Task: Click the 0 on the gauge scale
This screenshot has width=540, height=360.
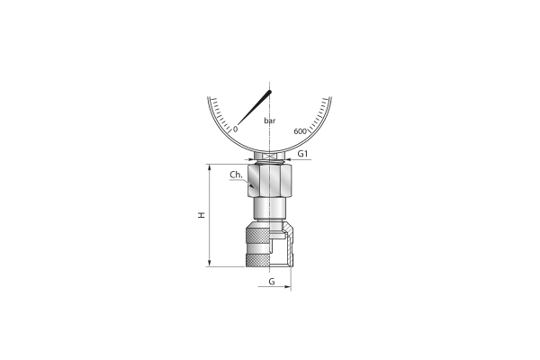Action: tap(236, 130)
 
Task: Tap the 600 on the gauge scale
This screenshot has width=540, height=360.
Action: tap(300, 131)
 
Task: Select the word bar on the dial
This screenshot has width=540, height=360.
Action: tap(270, 121)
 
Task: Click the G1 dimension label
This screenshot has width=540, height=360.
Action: tap(302, 154)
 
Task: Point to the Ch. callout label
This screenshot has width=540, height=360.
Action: tap(236, 175)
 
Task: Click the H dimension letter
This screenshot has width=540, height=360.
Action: tap(202, 215)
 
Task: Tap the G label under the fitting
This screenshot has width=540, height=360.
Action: tap(272, 282)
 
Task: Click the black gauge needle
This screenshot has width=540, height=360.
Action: tap(254, 107)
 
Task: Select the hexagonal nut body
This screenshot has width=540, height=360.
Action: tap(270, 181)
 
